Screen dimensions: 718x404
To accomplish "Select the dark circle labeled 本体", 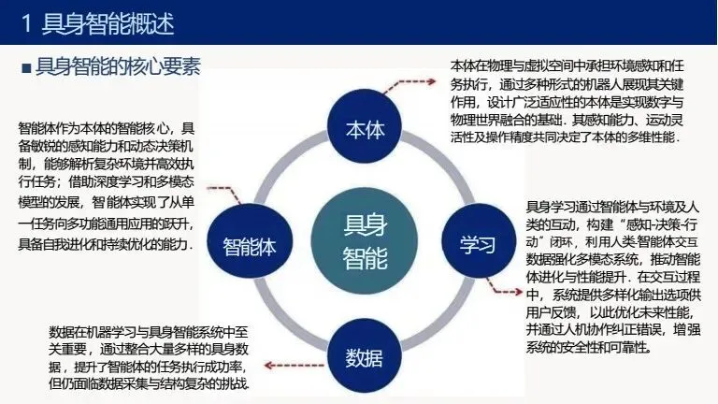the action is pos(365,130).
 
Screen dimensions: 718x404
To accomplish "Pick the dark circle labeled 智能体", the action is pos(249,247).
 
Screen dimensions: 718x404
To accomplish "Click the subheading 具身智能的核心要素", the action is pos(117,67).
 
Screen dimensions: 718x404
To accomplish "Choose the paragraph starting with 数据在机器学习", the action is pos(153,358).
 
